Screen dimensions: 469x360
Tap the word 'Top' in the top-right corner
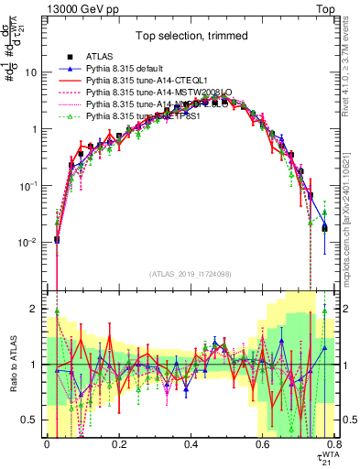click(x=337, y=7)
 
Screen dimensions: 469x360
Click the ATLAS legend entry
click(x=104, y=57)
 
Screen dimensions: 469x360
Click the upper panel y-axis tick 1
click(x=35, y=129)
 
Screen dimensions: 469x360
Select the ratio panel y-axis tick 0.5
click(x=32, y=420)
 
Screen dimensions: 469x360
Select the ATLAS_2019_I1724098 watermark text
click(x=191, y=274)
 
